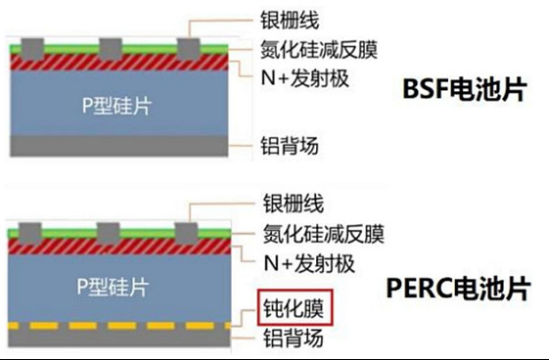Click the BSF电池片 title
coord(465,90)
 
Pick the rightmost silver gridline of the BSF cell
coord(186,46)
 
